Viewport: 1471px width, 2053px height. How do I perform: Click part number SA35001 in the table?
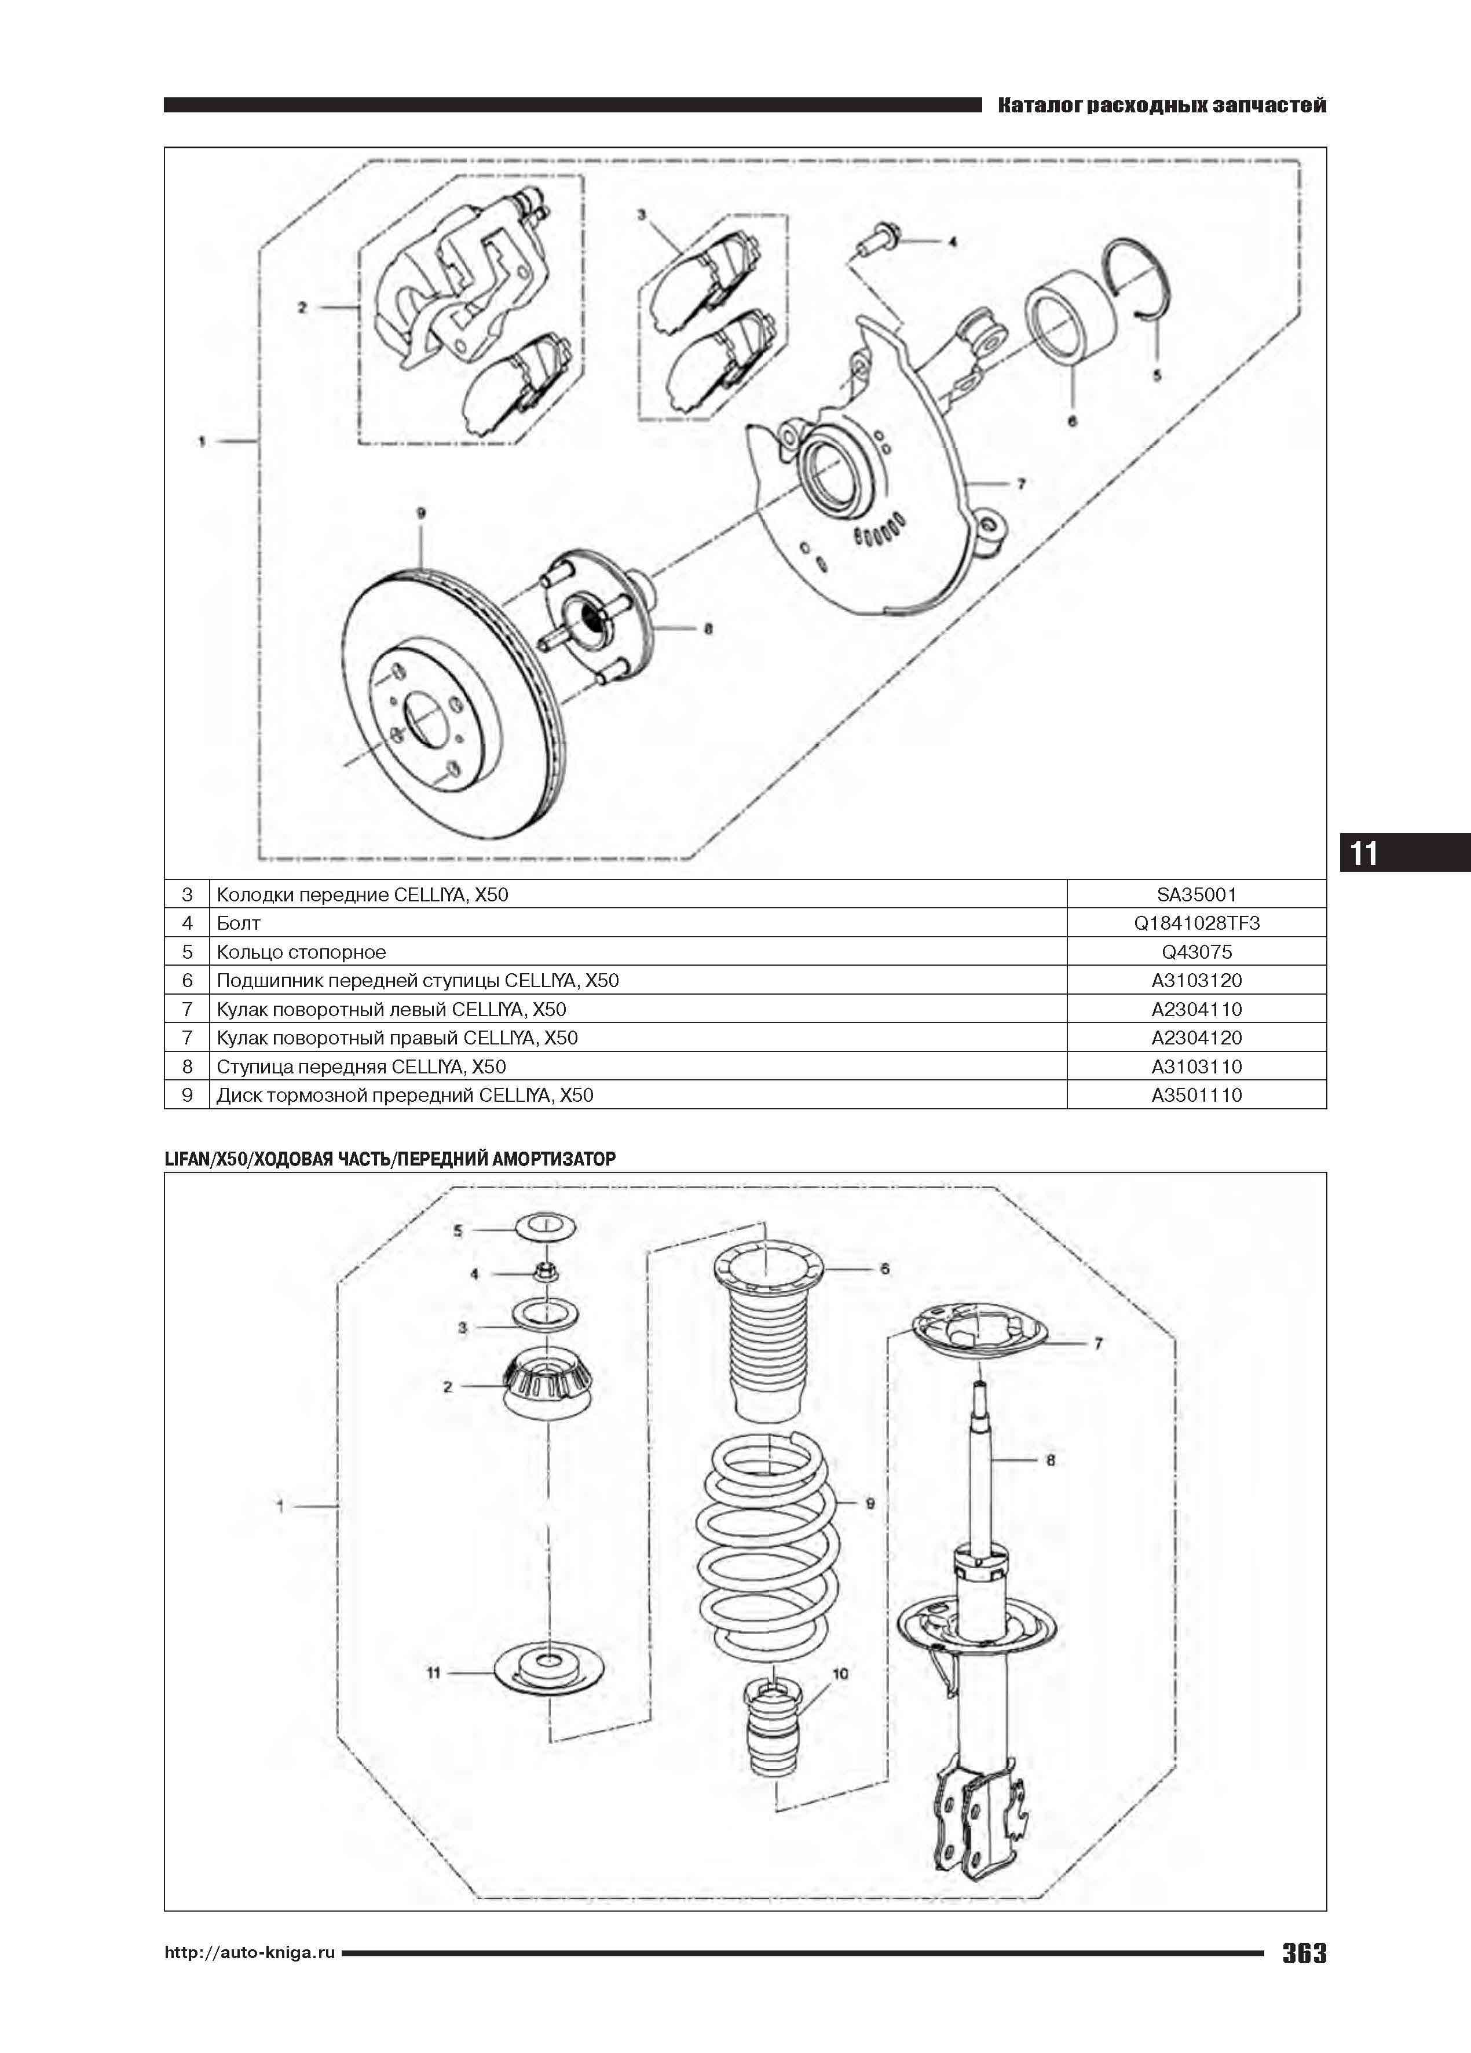click(x=1196, y=894)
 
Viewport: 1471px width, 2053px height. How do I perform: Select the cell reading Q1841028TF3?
click(x=1196, y=923)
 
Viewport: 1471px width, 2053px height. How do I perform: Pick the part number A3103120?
click(x=1196, y=980)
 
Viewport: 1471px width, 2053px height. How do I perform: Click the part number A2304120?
click(x=1196, y=1038)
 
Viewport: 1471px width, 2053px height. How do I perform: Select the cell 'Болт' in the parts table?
click(x=238, y=923)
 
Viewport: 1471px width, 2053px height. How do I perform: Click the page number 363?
click(x=1304, y=1978)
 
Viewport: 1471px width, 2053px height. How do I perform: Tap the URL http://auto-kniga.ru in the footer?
click(x=250, y=1978)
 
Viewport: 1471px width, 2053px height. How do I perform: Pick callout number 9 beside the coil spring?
click(x=870, y=1503)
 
